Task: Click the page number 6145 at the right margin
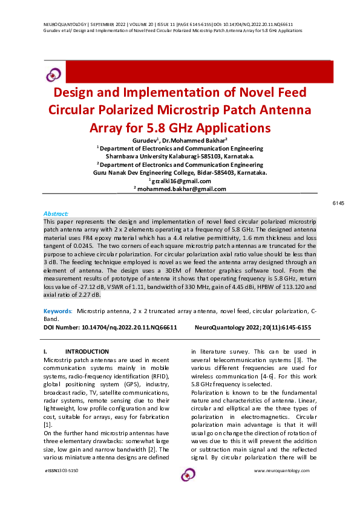point(338,204)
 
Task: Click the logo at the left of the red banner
point(54,74)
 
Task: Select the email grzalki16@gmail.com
point(180,181)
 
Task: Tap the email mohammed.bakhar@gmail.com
point(181,189)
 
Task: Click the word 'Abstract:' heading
point(56,213)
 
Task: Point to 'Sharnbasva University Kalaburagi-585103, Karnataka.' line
point(180,155)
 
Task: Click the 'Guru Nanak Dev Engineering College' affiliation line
point(158,172)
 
